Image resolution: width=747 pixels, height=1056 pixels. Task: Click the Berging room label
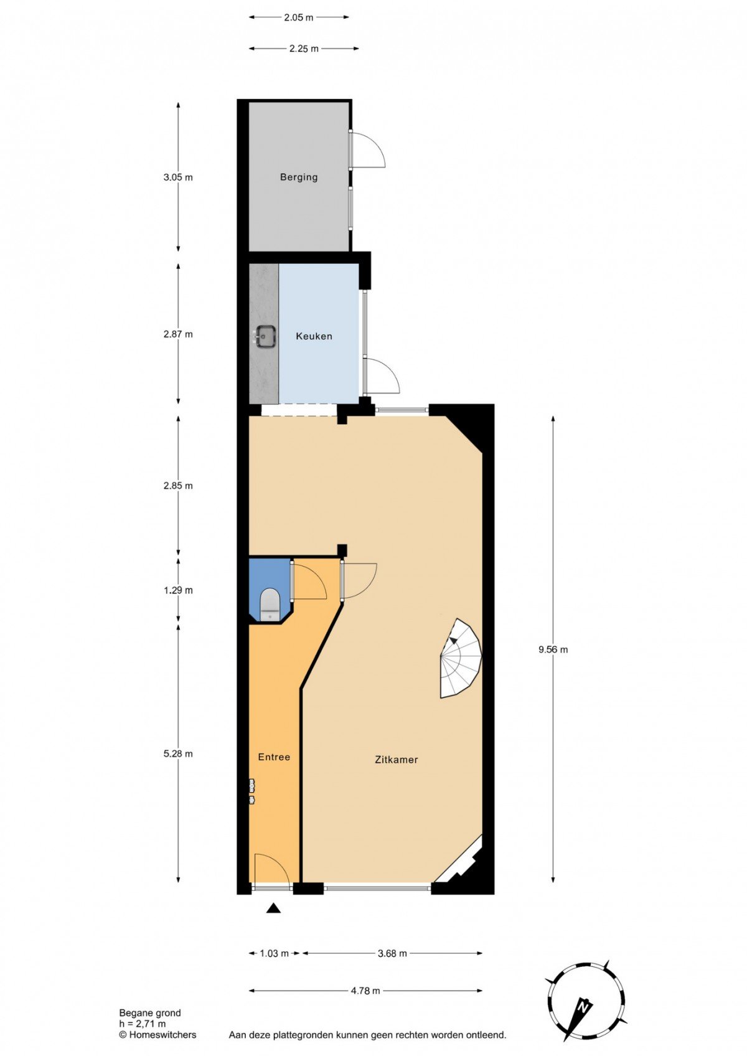(x=299, y=177)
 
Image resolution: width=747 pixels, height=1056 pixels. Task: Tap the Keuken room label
(x=314, y=336)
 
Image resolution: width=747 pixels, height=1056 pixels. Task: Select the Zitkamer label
(x=397, y=760)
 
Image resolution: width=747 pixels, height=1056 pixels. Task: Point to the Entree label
(x=274, y=757)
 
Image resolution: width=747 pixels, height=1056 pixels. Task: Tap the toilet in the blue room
(x=270, y=605)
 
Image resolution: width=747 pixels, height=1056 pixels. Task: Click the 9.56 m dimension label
(x=553, y=649)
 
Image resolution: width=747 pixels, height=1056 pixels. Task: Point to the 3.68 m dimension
(x=392, y=953)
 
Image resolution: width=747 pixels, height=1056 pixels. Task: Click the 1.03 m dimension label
(x=275, y=953)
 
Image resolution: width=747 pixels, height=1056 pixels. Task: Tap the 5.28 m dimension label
(x=178, y=754)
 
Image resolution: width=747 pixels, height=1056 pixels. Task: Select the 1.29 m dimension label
(x=178, y=590)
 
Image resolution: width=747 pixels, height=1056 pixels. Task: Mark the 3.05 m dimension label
(x=178, y=177)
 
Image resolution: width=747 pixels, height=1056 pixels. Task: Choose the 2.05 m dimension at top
(x=298, y=18)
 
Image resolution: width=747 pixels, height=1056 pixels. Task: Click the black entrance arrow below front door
(x=273, y=908)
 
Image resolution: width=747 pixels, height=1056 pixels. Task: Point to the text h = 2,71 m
(x=143, y=1024)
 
